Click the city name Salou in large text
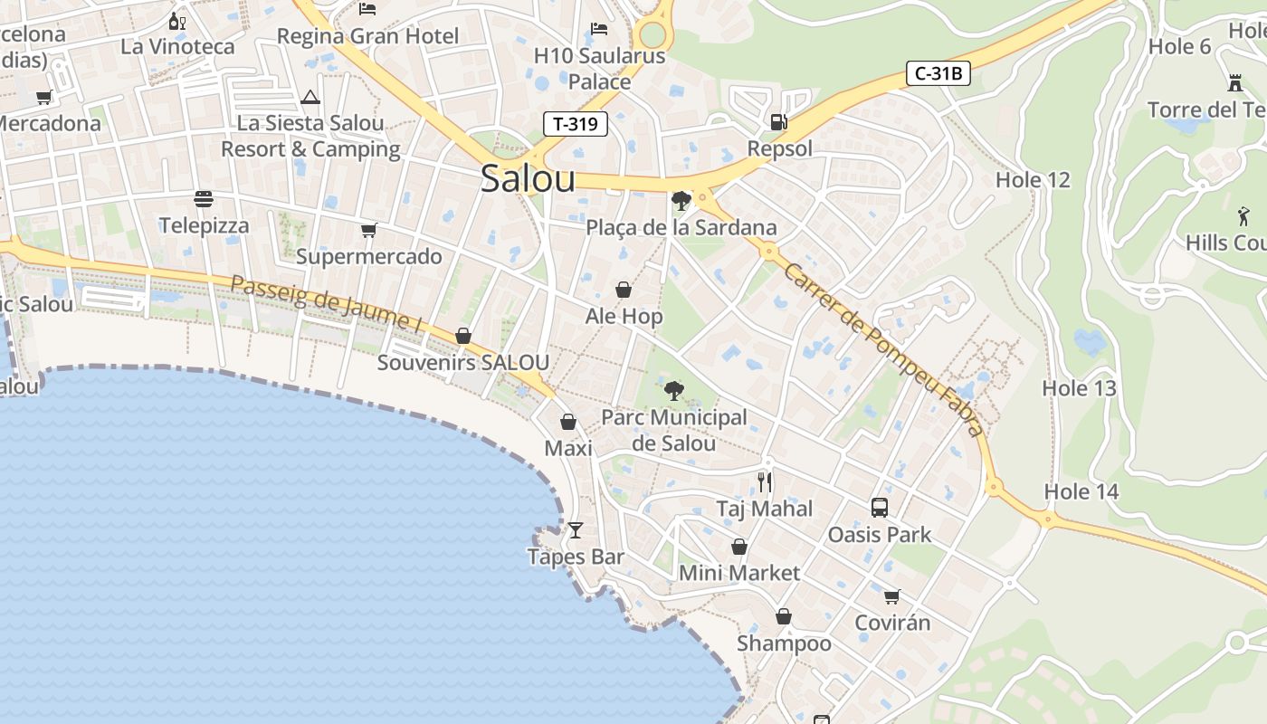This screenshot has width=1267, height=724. click(x=528, y=178)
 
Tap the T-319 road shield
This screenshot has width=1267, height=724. click(x=576, y=124)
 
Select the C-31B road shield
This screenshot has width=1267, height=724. click(x=938, y=73)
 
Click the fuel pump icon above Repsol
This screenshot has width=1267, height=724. click(x=777, y=121)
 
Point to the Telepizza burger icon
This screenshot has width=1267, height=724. click(x=204, y=198)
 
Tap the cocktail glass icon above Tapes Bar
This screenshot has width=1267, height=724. click(x=576, y=529)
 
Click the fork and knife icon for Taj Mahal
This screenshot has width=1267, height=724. click(x=766, y=481)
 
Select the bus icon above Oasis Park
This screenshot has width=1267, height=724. click(x=879, y=508)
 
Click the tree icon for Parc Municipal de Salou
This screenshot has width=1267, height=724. click(x=673, y=391)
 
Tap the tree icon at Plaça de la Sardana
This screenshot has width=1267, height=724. click(x=681, y=201)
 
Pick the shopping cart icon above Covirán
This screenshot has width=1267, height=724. click(x=892, y=596)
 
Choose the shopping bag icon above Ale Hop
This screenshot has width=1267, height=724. click(x=624, y=290)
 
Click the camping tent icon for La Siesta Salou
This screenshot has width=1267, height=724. click(x=310, y=97)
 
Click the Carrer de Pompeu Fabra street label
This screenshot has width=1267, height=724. click(x=883, y=349)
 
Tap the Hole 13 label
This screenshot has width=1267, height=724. click(x=1079, y=388)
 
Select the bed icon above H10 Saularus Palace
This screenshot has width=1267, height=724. click(x=599, y=29)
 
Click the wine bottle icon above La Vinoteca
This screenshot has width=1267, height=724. click(x=176, y=20)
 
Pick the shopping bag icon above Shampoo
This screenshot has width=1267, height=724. click(x=784, y=616)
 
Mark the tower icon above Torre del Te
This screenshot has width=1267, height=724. click(x=1234, y=83)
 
